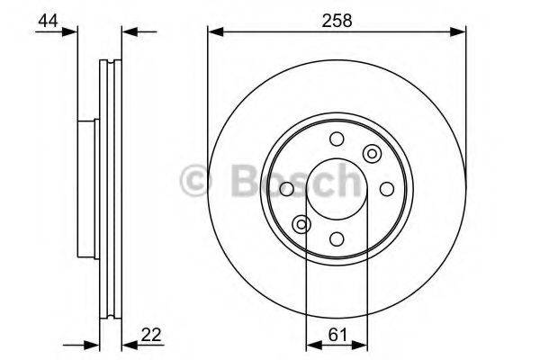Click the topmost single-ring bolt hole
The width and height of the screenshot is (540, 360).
(x=337, y=139)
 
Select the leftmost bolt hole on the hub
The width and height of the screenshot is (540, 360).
(x=287, y=189)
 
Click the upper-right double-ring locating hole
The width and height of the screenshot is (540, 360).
(x=371, y=154)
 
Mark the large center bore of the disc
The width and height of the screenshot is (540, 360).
(x=336, y=189)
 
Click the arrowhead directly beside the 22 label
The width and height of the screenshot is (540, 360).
(x=127, y=345)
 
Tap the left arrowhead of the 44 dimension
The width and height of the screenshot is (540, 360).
(x=71, y=32)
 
